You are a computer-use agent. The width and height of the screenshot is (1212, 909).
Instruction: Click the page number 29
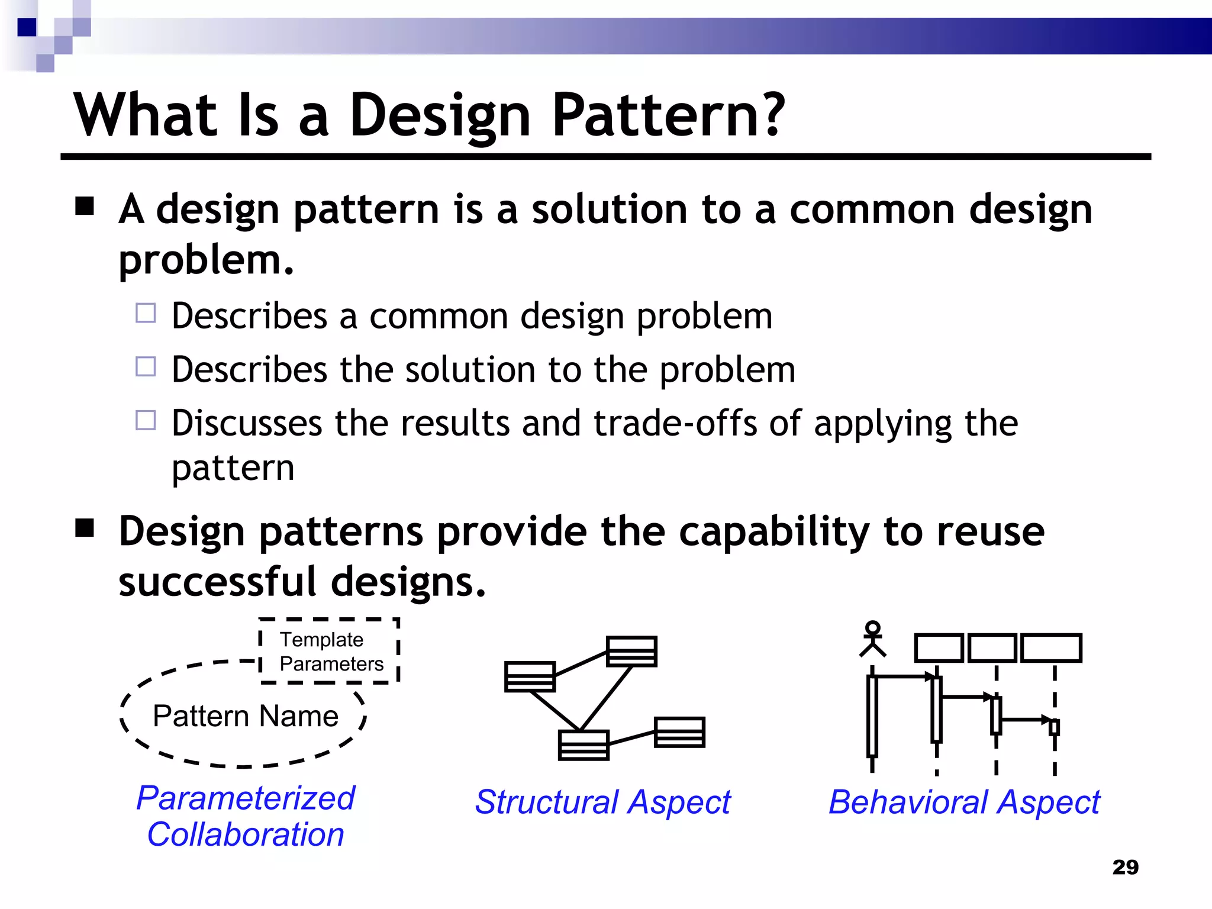(1125, 867)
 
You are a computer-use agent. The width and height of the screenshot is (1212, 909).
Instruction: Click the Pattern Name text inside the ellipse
(246, 716)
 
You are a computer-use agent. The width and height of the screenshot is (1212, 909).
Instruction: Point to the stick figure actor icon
(872, 639)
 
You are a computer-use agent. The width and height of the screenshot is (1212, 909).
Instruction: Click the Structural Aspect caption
(602, 802)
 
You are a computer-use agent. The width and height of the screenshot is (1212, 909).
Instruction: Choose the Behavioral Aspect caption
(963, 802)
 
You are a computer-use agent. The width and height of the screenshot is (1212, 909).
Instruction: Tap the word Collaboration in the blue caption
(246, 834)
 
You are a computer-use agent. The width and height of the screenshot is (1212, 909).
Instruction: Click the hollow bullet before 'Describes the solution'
(146, 367)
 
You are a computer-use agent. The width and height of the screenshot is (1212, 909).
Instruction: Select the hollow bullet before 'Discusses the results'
(146, 420)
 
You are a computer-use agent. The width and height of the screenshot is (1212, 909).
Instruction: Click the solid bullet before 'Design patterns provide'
(85, 527)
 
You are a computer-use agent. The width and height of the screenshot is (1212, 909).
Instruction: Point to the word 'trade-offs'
(675, 424)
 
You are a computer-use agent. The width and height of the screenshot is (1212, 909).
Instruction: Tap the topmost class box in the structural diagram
(631, 652)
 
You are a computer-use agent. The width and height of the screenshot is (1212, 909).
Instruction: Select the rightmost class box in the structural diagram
(679, 732)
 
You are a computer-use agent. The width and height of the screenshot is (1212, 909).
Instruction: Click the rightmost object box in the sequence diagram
(1051, 648)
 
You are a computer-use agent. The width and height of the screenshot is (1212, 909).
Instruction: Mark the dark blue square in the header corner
(27, 27)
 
